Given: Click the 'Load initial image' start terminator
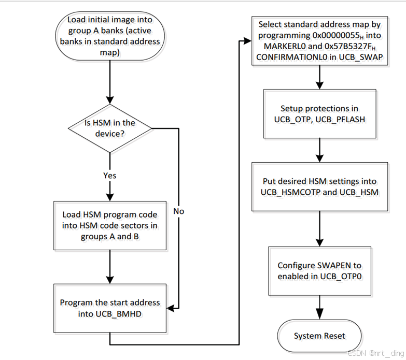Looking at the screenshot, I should pos(109,36).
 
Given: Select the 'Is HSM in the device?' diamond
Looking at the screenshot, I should pos(109,128).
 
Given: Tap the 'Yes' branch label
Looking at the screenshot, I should pos(109,176).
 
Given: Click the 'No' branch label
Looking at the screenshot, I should pos(178,211).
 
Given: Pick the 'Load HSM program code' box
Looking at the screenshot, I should pos(109,225).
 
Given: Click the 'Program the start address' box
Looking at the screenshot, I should pos(109,308).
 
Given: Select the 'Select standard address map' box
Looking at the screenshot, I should pos(319,41).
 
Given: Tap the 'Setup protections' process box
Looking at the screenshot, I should pos(319,114).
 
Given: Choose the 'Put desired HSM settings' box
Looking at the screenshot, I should pos(319,186).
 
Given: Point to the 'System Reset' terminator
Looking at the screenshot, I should pos(319,336).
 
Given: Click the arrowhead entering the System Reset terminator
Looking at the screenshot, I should pos(319,316).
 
